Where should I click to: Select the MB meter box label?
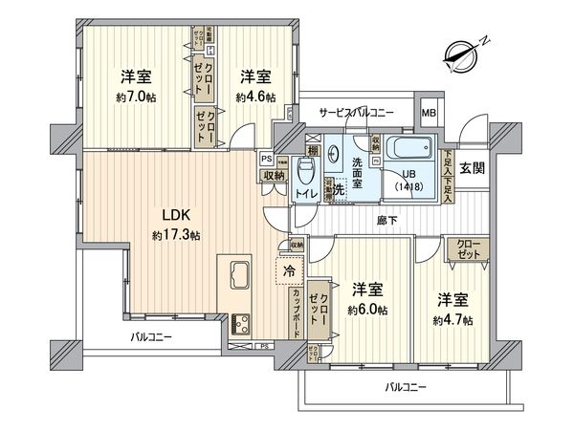(430, 112)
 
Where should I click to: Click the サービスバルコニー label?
(357, 113)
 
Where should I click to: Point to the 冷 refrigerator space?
(289, 271)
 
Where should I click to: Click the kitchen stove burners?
(238, 320)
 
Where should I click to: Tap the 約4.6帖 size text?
(255, 97)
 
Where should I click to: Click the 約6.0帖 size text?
(367, 309)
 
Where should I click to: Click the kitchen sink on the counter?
(237, 275)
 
